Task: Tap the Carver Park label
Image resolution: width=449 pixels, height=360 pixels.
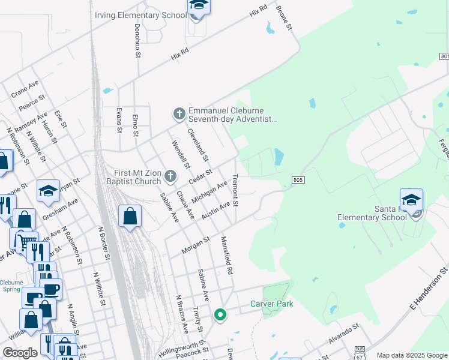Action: (272, 304)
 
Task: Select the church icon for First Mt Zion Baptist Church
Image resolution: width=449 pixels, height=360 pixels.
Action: (170, 177)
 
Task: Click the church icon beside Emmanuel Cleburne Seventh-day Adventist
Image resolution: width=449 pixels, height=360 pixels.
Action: (178, 113)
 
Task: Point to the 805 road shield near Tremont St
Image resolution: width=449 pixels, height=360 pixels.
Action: (298, 179)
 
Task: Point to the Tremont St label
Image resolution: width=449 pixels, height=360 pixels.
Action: (236, 190)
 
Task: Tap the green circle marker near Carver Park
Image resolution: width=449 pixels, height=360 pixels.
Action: (220, 314)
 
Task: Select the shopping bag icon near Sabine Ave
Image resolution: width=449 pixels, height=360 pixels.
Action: (130, 216)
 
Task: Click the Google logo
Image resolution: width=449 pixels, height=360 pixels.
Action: (20, 353)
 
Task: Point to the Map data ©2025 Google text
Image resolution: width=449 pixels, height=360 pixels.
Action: (412, 355)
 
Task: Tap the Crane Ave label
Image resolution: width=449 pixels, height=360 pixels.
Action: (25, 89)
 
